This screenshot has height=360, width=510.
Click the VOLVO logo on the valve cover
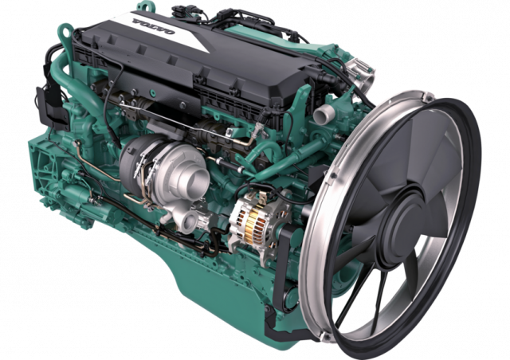click(x=153, y=26)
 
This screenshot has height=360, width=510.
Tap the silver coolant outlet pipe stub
click(x=324, y=113)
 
